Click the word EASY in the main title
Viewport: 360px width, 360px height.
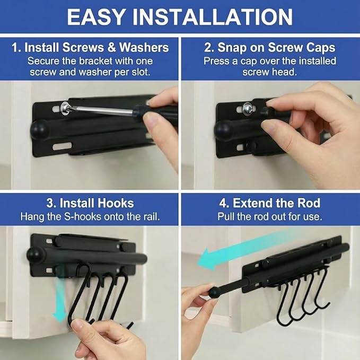pyautogui.click(x=96, y=17)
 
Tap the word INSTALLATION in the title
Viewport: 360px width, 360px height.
pyautogui.click(x=213, y=17)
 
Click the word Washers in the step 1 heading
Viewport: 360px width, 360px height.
pyautogui.click(x=144, y=48)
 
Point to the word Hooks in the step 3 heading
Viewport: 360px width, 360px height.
pyautogui.click(x=116, y=203)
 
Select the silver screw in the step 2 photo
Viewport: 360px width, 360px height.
pyautogui.click(x=249, y=108)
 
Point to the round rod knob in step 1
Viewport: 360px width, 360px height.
pyautogui.click(x=39, y=130)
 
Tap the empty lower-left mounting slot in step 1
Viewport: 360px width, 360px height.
pyautogui.click(x=62, y=146)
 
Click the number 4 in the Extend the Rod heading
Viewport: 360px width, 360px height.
pyautogui.click(x=223, y=204)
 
